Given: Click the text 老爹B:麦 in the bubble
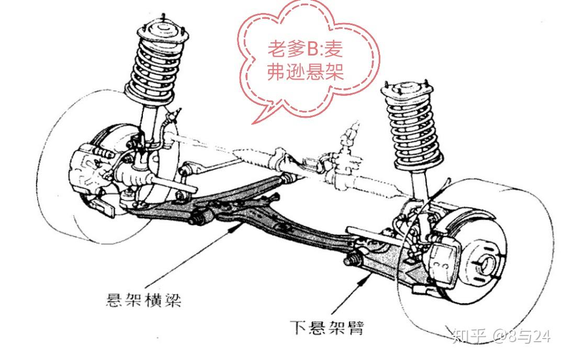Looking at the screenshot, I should (x=306, y=51).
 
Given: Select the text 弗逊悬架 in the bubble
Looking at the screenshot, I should (x=306, y=72).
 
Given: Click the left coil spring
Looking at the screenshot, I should (x=156, y=68).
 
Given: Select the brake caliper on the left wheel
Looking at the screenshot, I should (x=89, y=167).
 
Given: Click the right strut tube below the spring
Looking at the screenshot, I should (x=418, y=186).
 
